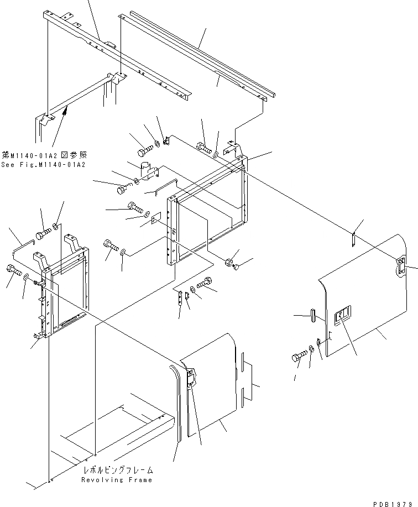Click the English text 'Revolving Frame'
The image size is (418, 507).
coord(116,480)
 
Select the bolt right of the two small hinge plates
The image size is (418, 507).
coord(204,283)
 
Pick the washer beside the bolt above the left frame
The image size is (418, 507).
coord(57,227)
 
